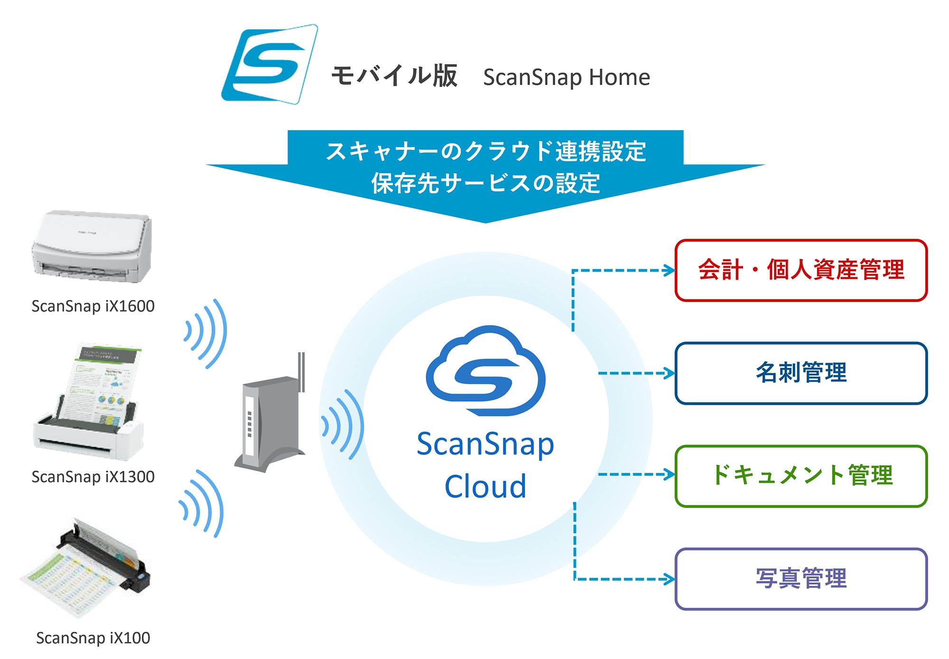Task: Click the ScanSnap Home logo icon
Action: click(x=270, y=64)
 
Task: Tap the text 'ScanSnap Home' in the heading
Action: click(x=567, y=77)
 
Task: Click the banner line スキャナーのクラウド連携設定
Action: click(x=486, y=151)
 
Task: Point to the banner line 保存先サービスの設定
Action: click(x=486, y=183)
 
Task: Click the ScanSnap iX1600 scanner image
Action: click(x=92, y=247)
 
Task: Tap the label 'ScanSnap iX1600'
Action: click(x=93, y=306)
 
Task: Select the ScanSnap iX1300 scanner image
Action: click(x=88, y=402)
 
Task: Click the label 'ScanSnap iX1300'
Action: click(x=93, y=477)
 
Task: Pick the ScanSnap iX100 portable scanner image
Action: click(x=85, y=568)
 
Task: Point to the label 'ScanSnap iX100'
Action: click(x=93, y=638)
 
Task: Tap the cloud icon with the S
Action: click(x=486, y=371)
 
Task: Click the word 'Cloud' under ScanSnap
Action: click(x=485, y=486)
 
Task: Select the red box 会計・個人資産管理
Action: click(x=801, y=270)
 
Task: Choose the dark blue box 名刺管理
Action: click(x=801, y=373)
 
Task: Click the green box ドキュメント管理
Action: click(x=801, y=476)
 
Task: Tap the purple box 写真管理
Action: click(x=801, y=579)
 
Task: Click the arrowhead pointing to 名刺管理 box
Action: click(x=670, y=373)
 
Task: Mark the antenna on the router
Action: click(x=301, y=372)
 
